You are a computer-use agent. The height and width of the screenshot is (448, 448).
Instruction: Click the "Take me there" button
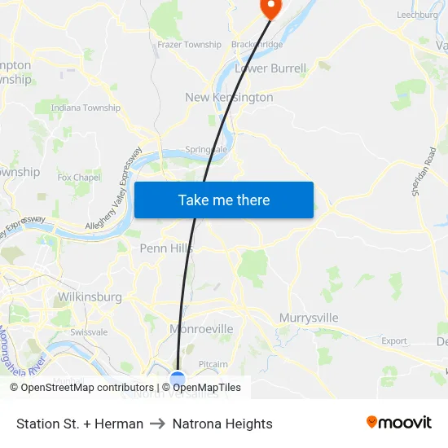[223, 200]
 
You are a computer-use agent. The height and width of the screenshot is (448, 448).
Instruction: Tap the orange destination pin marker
[269, 7]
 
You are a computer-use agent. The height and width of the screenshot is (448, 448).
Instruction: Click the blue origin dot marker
[178, 377]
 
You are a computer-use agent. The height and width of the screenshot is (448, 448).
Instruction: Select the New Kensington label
[229, 97]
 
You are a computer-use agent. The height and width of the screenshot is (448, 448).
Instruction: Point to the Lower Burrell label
[270, 68]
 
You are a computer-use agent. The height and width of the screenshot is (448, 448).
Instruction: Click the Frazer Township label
[189, 45]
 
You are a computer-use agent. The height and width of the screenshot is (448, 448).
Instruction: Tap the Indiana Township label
[86, 108]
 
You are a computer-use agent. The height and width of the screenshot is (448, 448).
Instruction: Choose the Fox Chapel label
[79, 177]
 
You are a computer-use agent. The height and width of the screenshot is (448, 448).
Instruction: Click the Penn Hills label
[166, 248]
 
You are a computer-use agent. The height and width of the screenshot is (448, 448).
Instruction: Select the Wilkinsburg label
[90, 297]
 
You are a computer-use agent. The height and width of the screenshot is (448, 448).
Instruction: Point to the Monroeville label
[201, 329]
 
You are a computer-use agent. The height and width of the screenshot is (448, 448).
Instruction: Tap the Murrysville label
[309, 317]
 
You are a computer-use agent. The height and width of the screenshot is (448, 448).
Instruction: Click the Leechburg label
[417, 15]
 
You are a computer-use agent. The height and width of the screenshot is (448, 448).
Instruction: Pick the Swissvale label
[89, 332]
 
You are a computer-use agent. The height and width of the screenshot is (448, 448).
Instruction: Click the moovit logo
[398, 422]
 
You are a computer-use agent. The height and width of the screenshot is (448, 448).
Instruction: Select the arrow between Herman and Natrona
[158, 424]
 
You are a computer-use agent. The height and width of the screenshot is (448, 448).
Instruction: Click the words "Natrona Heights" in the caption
[222, 424]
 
